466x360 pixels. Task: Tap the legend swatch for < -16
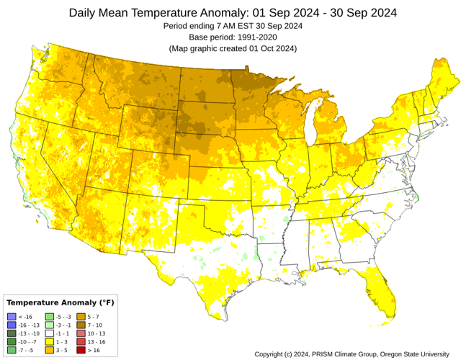[x=11, y=318]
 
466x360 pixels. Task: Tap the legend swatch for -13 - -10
[x=11, y=333]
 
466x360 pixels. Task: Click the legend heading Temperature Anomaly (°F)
[x=60, y=302]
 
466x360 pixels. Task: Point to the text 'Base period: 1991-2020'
[x=233, y=37]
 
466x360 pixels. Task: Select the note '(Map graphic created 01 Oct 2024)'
[x=233, y=48]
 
